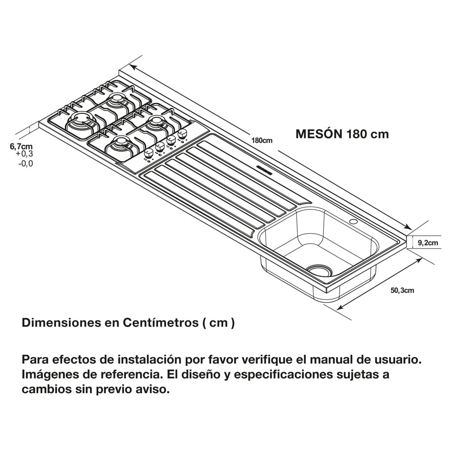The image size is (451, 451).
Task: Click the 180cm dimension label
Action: (262, 140)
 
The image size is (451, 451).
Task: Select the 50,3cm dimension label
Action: (402, 290)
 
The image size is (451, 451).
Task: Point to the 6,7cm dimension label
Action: (21, 146)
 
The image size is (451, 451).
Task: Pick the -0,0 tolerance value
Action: (25, 164)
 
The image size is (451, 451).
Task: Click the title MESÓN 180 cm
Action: (341, 134)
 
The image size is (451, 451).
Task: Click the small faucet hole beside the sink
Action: (353, 222)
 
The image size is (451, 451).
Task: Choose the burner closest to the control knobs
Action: (156, 121)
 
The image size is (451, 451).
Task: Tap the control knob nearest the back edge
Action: (182, 134)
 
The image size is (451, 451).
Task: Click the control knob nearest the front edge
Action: (148, 155)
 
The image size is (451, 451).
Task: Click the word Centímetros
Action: (159, 323)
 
